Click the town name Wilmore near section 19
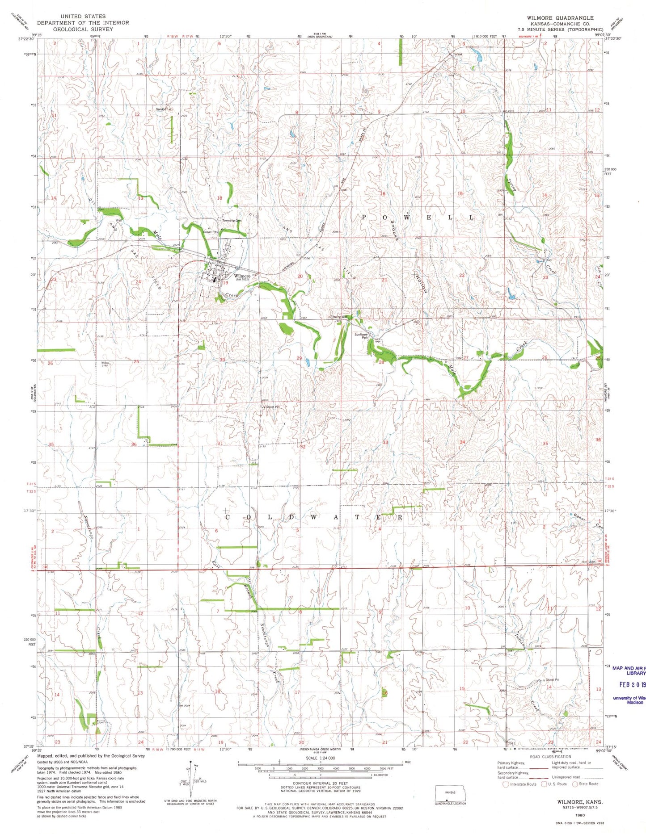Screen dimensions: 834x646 (242, 276)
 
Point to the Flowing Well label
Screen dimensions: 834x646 (342, 317)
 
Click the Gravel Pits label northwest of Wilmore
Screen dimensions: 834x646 (210, 232)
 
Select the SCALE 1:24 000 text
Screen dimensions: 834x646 (320, 758)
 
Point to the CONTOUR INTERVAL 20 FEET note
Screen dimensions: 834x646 (320, 783)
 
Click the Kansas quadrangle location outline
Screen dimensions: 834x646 (450, 794)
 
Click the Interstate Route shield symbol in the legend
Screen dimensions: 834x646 (506, 784)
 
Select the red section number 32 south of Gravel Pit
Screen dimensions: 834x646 (303, 446)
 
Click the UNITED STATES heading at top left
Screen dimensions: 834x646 (83, 16)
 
